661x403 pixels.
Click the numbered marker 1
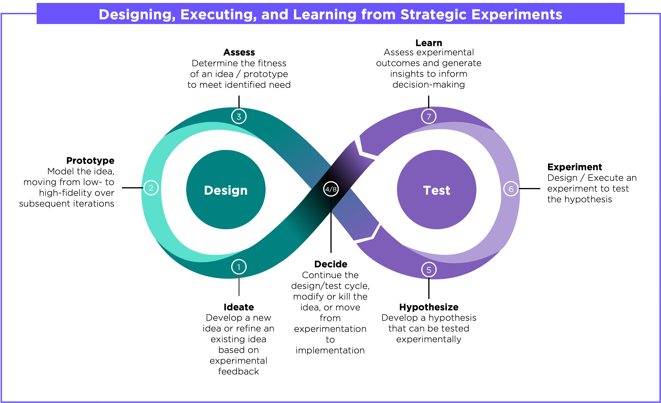click(x=239, y=267)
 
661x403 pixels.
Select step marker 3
click(x=239, y=116)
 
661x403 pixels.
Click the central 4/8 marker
click(x=331, y=189)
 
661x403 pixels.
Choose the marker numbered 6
click(x=511, y=189)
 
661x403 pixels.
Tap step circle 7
click(x=429, y=116)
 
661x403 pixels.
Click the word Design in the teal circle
click(x=226, y=190)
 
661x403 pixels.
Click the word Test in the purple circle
click(x=436, y=190)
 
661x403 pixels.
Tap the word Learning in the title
click(x=325, y=14)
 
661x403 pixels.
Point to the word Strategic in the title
click(x=433, y=14)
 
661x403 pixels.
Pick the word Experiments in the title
click(x=517, y=14)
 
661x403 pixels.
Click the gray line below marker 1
click(x=239, y=287)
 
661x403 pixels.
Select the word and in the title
click(x=275, y=14)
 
